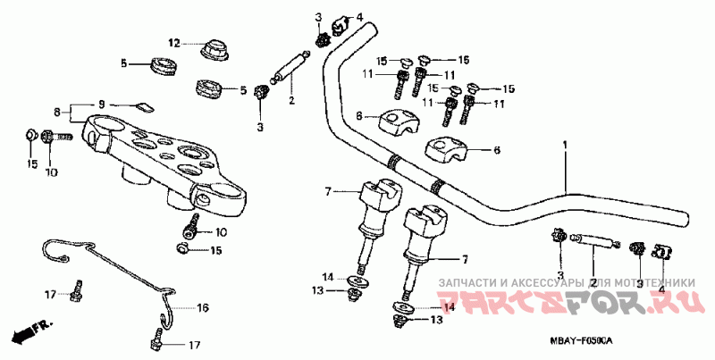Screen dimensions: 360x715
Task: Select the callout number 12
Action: click(x=175, y=42)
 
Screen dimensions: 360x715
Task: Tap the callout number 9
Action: click(x=101, y=104)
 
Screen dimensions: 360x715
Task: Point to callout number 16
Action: click(x=202, y=307)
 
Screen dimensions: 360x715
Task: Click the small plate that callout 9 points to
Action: click(x=143, y=107)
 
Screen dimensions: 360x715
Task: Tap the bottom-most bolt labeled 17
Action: click(x=157, y=341)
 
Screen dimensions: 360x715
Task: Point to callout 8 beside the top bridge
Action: click(x=57, y=113)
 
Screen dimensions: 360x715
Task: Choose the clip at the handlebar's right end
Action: click(x=660, y=252)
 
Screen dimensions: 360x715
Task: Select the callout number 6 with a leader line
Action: click(x=497, y=150)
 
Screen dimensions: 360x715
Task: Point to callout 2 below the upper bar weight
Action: click(x=290, y=100)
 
